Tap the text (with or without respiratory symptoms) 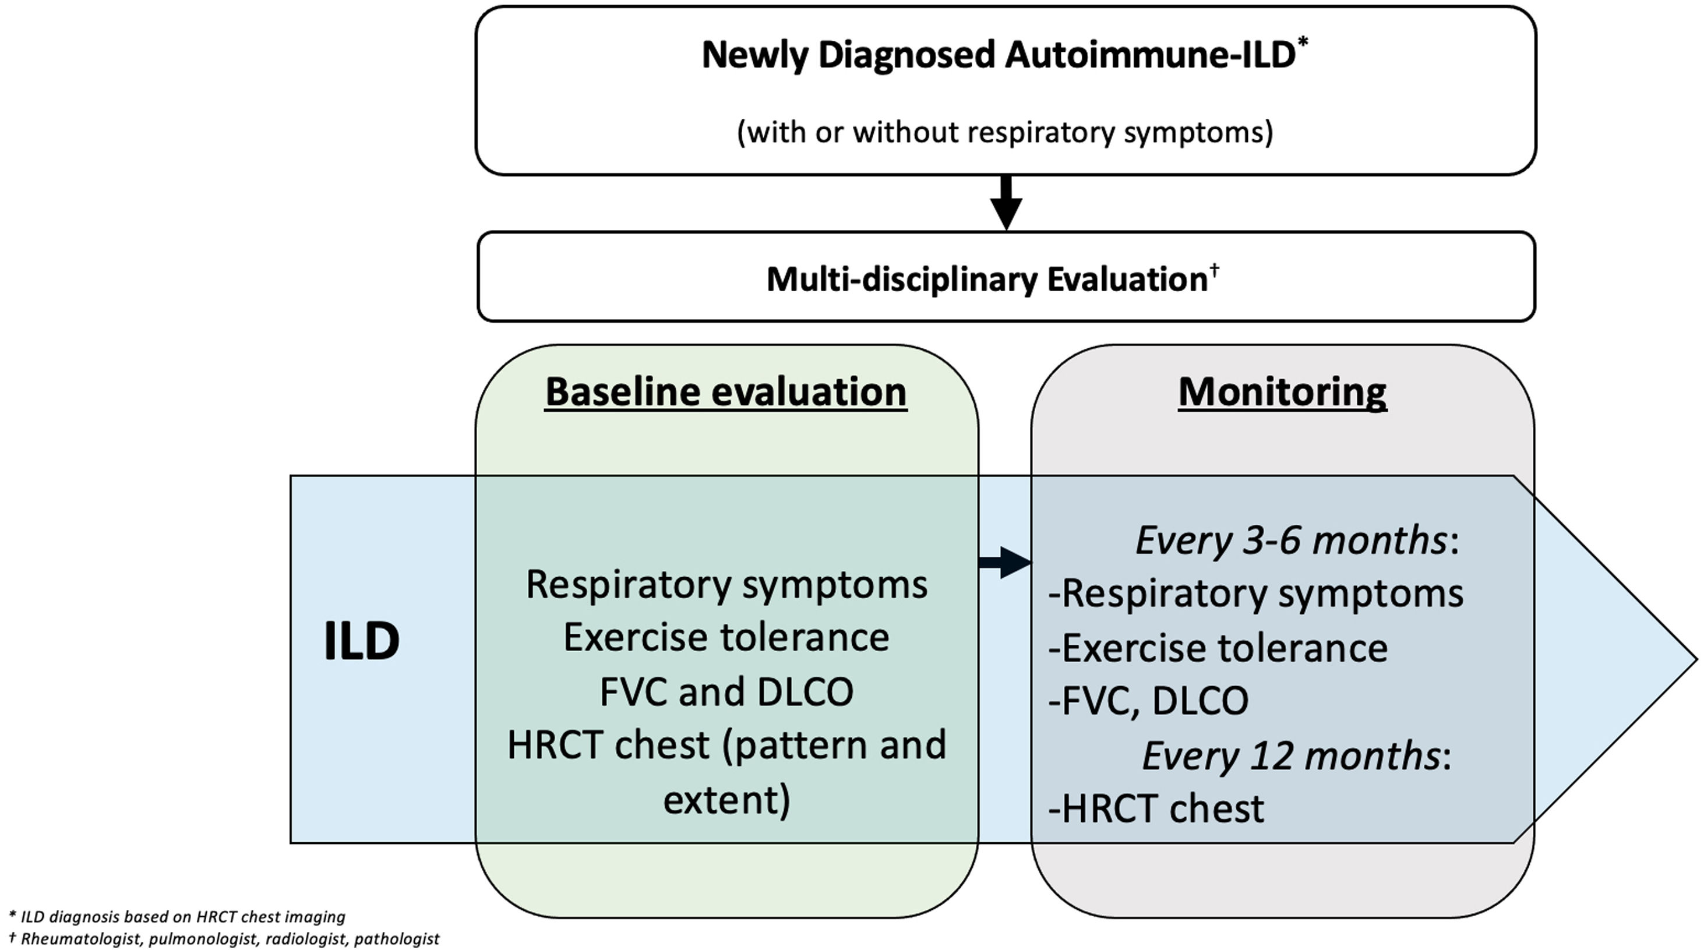(x=1005, y=132)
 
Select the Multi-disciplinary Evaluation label (x=987, y=279)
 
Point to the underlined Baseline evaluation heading (x=726, y=391)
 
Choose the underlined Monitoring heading (x=1282, y=391)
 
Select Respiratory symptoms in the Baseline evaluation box (x=726, y=585)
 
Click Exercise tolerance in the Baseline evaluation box (x=726, y=638)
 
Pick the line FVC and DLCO (x=726, y=692)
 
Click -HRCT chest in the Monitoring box (x=1156, y=808)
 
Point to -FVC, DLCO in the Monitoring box (x=1148, y=701)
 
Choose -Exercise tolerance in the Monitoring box (x=1218, y=648)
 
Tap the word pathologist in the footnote (x=397, y=939)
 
